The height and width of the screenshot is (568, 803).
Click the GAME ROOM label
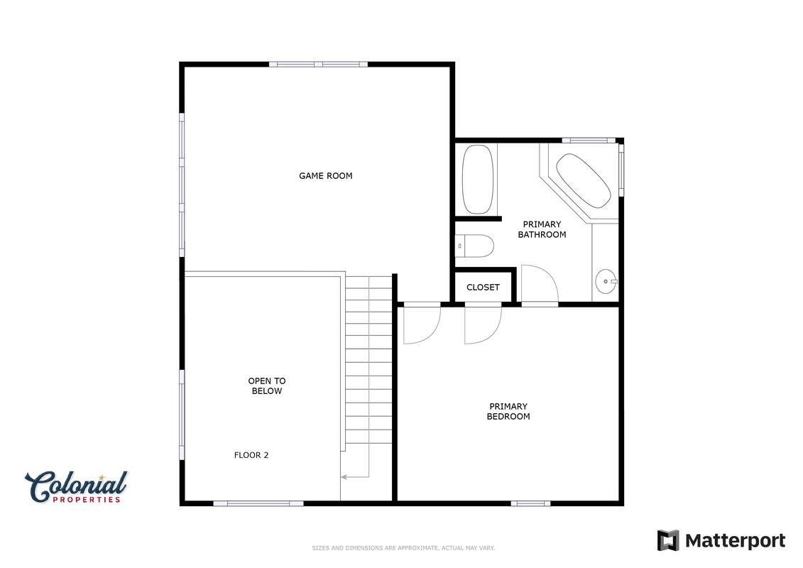326,175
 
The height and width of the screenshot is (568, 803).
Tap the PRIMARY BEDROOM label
508,411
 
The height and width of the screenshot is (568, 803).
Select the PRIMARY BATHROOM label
542,229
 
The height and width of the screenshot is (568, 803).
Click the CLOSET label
483,288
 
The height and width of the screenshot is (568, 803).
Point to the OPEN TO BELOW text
267,386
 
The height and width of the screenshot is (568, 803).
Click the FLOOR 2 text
251,455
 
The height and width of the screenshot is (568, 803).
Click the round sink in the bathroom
606,281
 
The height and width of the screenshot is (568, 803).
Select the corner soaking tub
584,180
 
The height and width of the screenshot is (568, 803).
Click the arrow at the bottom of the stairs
355,477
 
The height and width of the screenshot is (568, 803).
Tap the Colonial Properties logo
76,487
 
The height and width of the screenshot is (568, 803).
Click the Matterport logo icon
668,540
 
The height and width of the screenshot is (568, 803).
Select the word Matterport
735,541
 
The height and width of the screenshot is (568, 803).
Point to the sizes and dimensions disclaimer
403,548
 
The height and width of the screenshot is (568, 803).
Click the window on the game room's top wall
319,65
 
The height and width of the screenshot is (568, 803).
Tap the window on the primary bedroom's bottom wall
530,503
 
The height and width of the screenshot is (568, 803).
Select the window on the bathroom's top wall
589,141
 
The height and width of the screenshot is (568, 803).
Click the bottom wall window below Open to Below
258,503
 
